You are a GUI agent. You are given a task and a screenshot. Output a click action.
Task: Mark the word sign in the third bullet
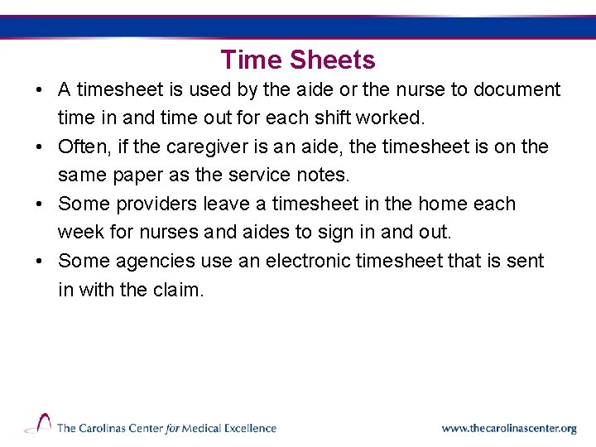(x=335, y=233)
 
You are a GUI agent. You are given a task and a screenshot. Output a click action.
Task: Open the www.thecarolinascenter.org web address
(x=508, y=429)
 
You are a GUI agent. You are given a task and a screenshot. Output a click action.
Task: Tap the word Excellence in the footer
(x=246, y=428)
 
